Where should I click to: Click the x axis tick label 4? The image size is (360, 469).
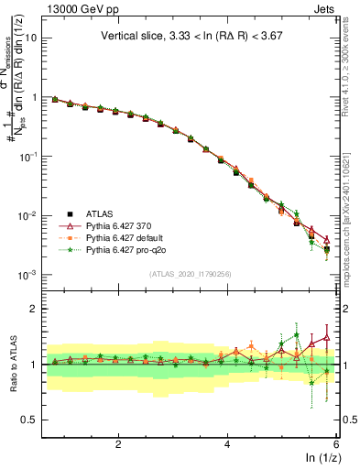click(227, 443)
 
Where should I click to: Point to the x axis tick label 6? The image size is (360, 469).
click(336, 443)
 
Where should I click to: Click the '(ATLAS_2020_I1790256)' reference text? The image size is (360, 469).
click(190, 273)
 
